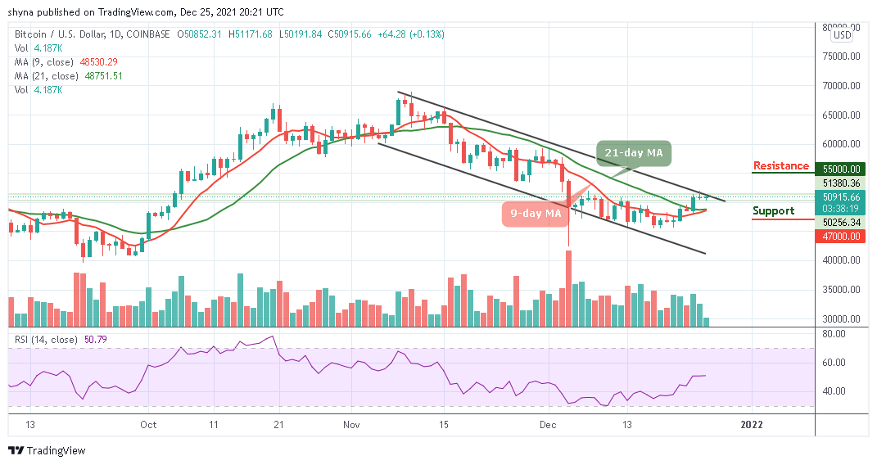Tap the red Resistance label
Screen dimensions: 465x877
[x=780, y=166]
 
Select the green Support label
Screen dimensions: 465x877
[x=773, y=211]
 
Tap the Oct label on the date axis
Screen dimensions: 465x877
[x=148, y=425]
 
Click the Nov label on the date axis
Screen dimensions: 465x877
[x=351, y=425]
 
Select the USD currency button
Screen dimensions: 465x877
[x=842, y=35]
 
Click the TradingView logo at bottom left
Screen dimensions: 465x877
[x=47, y=451]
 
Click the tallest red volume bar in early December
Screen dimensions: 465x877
[x=567, y=289]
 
